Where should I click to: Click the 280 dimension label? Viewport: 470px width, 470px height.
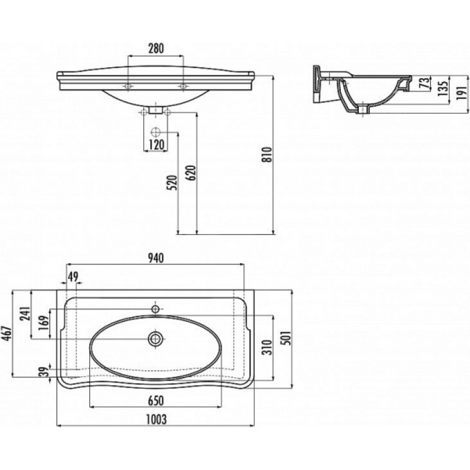[x=156, y=48]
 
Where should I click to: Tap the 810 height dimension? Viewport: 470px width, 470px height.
[x=267, y=155]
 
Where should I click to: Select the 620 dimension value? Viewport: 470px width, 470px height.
[x=192, y=173]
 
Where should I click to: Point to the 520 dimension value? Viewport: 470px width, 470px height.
[x=173, y=183]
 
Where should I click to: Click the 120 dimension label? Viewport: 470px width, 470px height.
[x=156, y=145]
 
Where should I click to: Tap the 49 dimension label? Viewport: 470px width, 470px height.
[x=72, y=276]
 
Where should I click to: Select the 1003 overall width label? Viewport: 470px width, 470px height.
[x=156, y=419]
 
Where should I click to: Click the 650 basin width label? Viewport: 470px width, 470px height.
[x=156, y=401]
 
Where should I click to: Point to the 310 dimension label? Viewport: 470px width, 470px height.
[x=267, y=347]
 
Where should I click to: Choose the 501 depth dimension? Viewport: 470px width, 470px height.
[x=287, y=338]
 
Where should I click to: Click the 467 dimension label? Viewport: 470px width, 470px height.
[x=7, y=333]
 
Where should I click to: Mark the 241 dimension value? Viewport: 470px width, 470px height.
[x=25, y=314]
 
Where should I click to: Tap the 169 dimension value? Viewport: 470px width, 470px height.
[x=43, y=323]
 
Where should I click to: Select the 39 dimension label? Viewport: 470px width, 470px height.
[x=44, y=372]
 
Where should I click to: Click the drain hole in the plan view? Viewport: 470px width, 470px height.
[x=155, y=339]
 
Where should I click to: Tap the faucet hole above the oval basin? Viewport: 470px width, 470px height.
[x=156, y=309]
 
